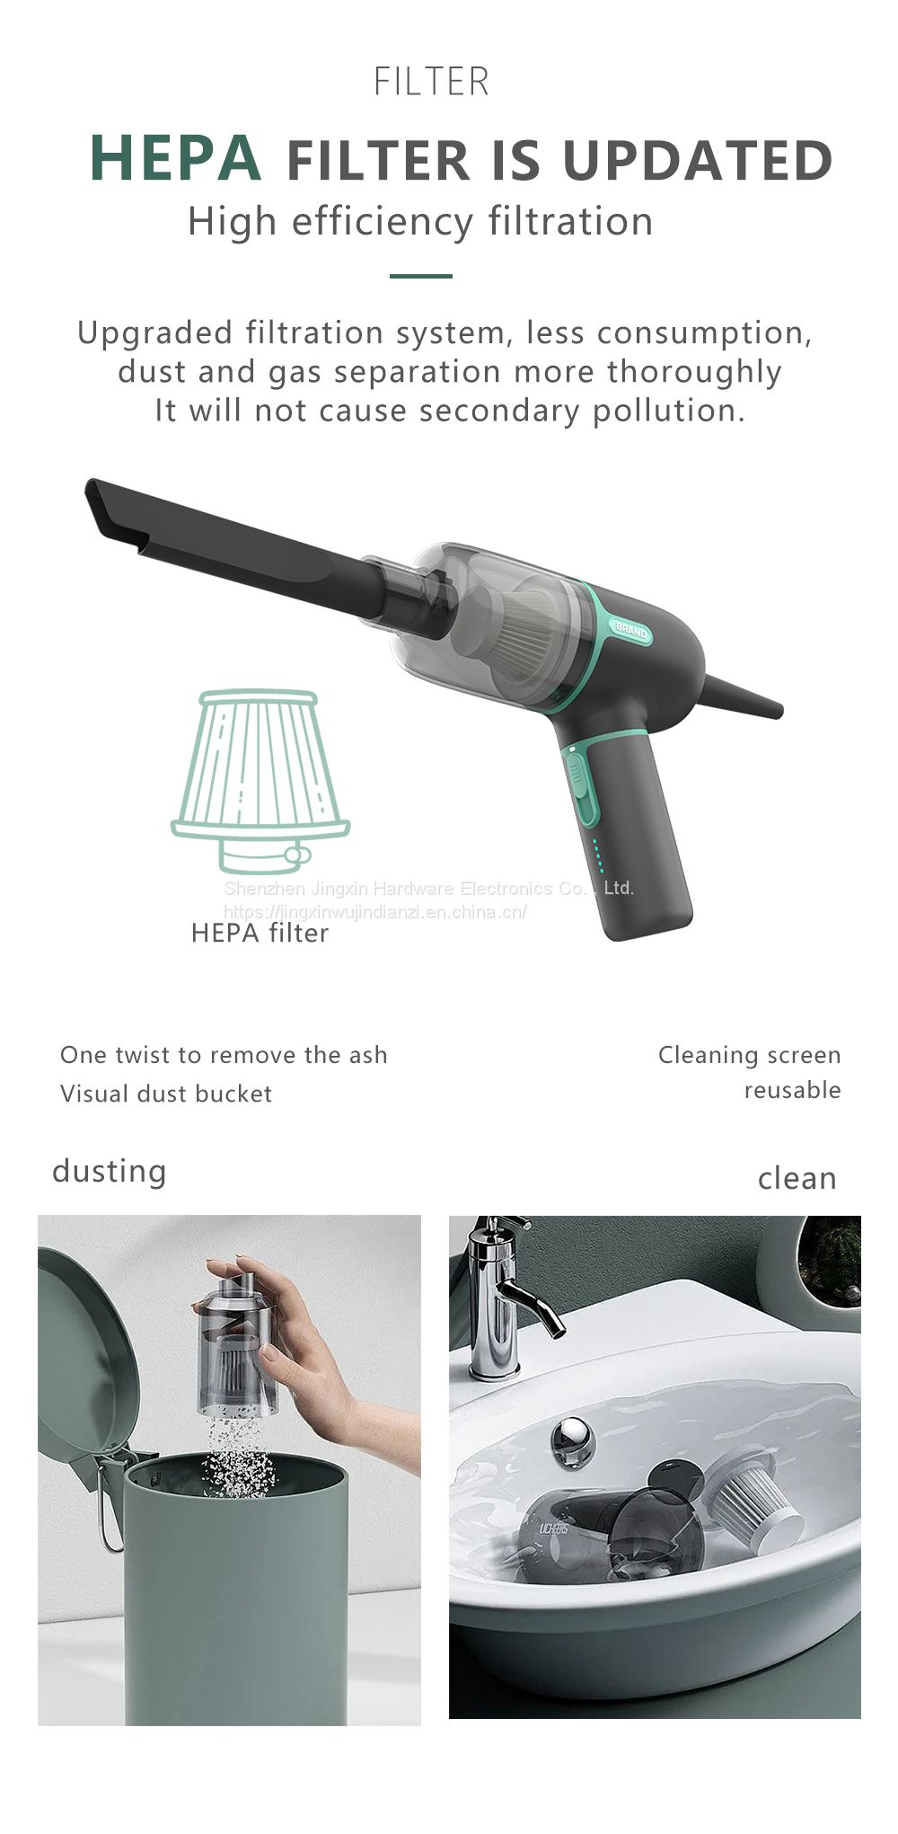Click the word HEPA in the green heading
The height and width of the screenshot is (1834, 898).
coord(175,158)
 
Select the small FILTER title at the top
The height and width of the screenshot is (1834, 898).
coord(431,82)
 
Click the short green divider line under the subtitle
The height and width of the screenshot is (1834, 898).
coord(420,276)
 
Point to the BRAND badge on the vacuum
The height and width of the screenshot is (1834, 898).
coord(630,630)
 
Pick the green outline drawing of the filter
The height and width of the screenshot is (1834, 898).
coord(260,781)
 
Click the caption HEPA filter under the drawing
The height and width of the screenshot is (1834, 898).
coord(260,933)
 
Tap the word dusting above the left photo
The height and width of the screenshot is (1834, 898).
coord(110,1171)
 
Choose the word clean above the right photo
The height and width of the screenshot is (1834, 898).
coord(797,1178)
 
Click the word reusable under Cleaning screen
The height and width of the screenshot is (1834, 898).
coord(792,1090)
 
